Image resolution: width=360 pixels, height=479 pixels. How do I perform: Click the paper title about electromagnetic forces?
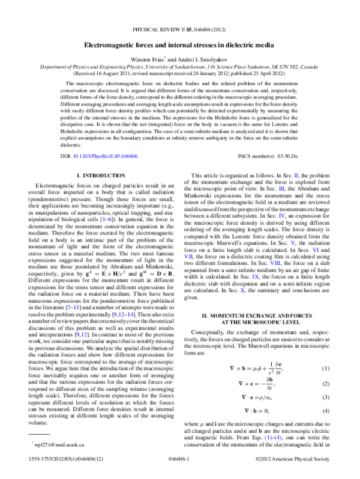coord(179,46)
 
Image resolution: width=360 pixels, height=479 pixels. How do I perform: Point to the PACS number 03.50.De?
coord(278,155)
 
